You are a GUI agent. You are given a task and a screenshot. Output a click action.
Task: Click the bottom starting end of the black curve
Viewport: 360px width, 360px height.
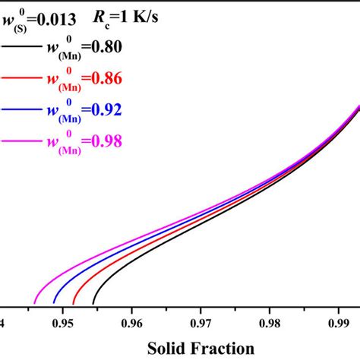pyautogui.click(x=93, y=303)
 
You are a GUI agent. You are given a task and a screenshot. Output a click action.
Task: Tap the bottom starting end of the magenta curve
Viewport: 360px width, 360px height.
pyautogui.click(x=35, y=303)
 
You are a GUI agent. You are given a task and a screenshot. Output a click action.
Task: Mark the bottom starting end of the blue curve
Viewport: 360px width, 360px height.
pyautogui.click(x=54, y=303)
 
